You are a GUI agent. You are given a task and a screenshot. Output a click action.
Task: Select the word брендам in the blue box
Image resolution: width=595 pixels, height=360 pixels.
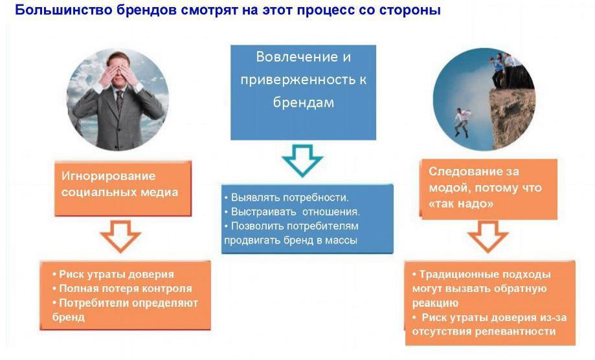click(304, 102)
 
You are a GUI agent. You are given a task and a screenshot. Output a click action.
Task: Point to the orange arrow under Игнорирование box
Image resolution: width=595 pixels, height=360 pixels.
click(120, 236)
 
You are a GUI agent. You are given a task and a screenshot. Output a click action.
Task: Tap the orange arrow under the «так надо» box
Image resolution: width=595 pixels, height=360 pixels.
click(488, 237)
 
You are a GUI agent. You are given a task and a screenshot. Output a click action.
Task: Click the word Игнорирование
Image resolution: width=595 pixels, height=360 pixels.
click(109, 176)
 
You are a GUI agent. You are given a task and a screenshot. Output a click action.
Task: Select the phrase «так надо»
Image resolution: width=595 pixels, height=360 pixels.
click(461, 204)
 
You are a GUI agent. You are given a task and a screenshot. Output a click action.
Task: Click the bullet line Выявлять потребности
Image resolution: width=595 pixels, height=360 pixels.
click(286, 197)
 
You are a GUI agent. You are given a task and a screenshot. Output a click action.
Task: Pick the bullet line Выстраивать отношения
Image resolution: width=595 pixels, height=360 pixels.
click(292, 212)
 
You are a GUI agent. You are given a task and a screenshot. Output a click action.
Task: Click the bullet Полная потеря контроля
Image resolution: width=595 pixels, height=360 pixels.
click(122, 289)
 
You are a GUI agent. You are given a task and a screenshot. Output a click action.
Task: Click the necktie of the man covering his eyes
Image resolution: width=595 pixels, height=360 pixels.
click(119, 101)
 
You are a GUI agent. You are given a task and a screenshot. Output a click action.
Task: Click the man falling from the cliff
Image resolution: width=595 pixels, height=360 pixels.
click(462, 122)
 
